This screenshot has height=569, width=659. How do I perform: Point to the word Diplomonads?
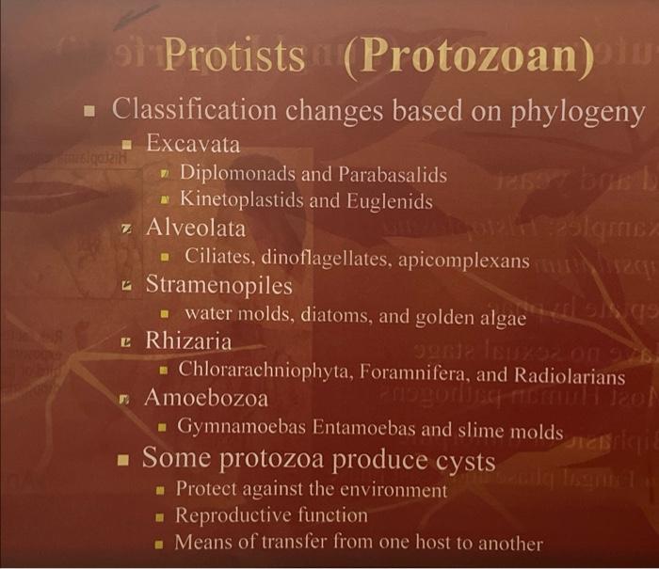coord(233,174)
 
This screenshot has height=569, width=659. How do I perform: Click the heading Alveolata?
coord(195,228)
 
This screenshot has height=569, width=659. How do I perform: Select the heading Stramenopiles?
coord(218,285)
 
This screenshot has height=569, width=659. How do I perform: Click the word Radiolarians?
coord(572,375)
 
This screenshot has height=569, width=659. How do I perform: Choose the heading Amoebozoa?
coord(205,398)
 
